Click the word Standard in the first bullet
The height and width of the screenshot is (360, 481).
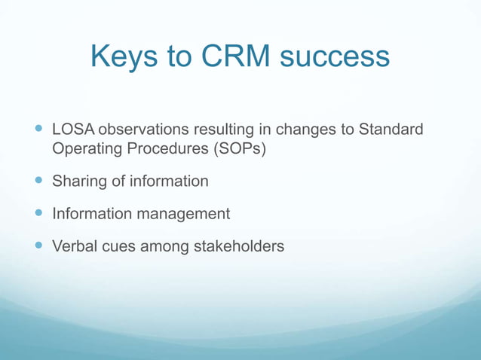(391, 131)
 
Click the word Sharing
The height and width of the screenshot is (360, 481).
(77, 182)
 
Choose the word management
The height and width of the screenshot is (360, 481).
(183, 214)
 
